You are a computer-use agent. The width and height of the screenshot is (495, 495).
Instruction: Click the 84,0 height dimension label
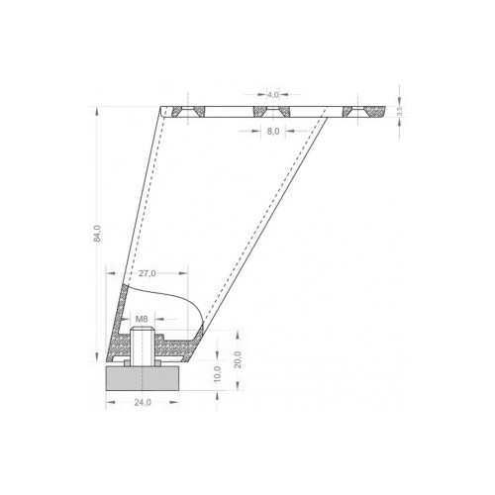point(97,234)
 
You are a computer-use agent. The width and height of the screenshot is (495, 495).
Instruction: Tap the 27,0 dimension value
point(147,273)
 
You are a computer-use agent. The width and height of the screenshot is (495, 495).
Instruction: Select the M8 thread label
point(142,319)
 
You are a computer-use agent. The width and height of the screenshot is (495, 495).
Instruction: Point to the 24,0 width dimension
point(143,402)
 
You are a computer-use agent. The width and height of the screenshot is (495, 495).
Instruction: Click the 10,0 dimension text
point(218,374)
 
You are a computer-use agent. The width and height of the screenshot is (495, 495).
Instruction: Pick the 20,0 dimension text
point(239,359)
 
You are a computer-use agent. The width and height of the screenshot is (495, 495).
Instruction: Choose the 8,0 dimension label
point(273,132)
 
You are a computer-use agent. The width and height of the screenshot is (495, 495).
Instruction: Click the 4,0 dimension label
point(273,95)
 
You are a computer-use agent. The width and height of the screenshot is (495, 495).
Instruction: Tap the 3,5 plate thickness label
point(400,111)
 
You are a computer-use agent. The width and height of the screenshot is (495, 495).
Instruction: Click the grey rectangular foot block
point(143,378)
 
